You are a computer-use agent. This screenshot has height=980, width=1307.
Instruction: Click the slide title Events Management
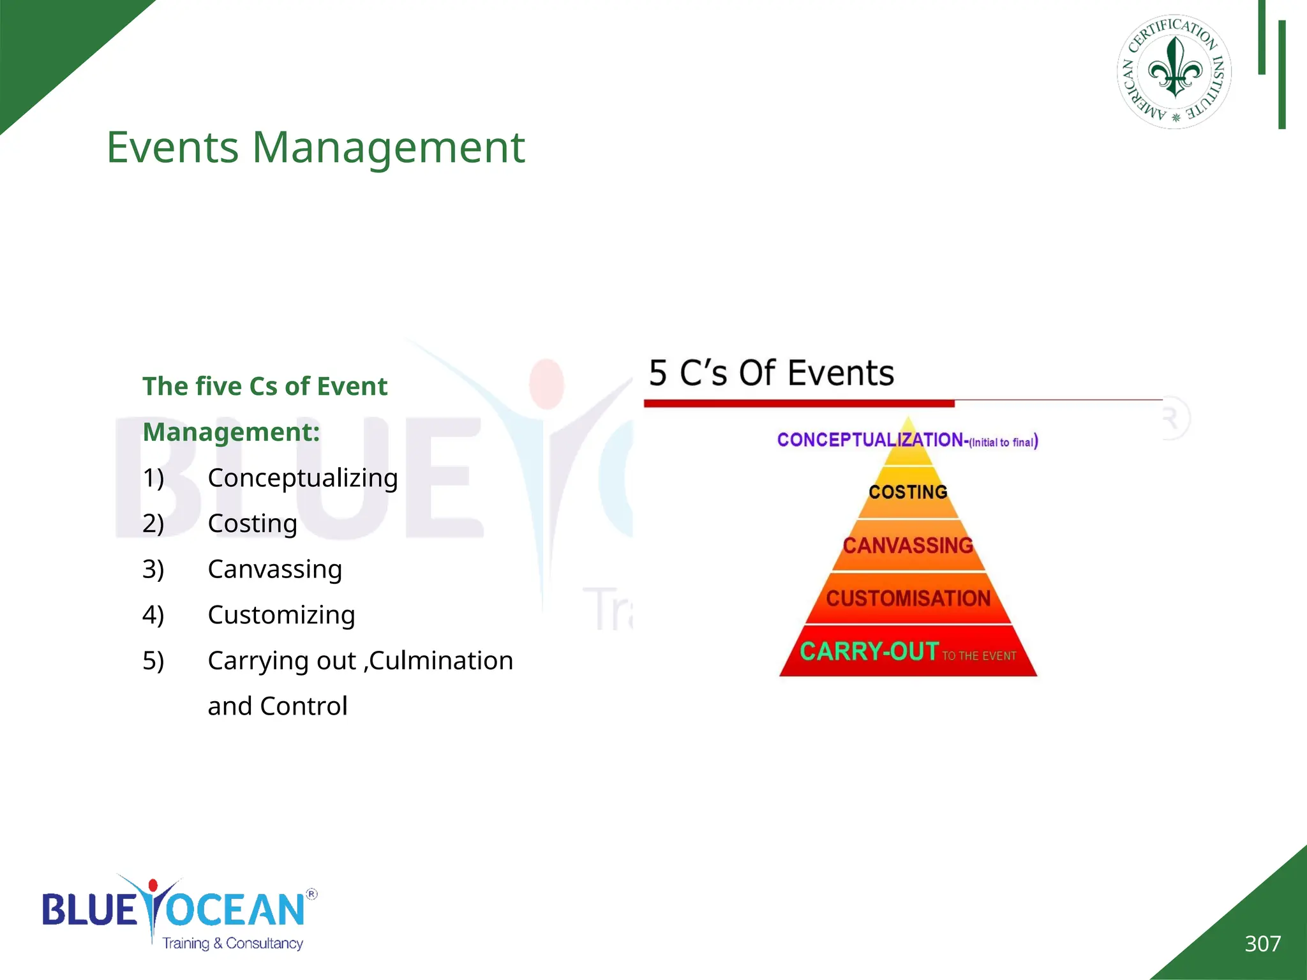(315, 147)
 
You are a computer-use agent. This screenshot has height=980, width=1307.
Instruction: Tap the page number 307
(1262, 944)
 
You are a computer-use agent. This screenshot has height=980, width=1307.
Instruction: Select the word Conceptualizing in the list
(302, 478)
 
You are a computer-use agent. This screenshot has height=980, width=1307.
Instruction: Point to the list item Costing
(252, 523)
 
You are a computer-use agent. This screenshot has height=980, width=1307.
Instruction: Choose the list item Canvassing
(274, 569)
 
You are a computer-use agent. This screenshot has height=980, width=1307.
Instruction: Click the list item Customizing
(281, 615)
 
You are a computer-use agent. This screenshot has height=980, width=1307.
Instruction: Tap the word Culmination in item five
(441, 660)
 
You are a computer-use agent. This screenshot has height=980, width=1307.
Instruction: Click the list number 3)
(153, 569)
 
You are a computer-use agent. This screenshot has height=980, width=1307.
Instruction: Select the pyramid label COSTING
(907, 492)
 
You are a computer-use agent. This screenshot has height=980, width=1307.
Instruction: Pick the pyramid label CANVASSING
(907, 546)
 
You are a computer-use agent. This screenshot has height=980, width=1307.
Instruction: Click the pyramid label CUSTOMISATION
(907, 598)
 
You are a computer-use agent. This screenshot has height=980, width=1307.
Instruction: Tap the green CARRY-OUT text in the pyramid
(869, 651)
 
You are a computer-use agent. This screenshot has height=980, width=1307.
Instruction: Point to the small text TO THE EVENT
(979, 656)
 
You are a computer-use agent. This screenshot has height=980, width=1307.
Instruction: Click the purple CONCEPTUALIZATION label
(870, 440)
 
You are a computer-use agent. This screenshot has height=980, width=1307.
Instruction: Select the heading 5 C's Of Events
(771, 373)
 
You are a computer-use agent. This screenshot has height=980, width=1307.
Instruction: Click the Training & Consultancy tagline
(232, 943)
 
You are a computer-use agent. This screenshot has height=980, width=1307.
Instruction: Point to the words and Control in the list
(278, 706)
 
